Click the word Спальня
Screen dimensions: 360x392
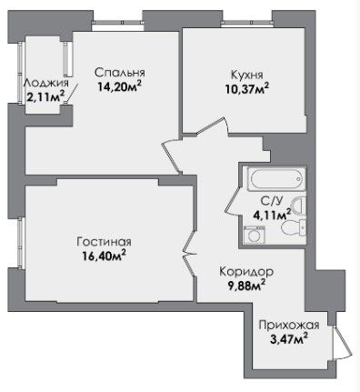point(120,73)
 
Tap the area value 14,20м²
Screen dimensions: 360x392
point(120,86)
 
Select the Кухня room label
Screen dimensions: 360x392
point(247,75)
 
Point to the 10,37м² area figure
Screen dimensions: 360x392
point(247,88)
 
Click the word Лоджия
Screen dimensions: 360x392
point(46,83)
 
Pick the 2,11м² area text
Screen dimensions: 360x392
point(45,97)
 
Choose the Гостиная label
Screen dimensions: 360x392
point(104,242)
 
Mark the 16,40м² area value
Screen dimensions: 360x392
point(104,256)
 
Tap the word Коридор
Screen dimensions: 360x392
point(246,271)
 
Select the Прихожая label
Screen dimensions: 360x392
point(289,326)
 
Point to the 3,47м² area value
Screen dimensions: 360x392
point(289,339)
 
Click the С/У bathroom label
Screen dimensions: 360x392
point(272,200)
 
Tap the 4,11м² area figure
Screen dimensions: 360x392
point(272,215)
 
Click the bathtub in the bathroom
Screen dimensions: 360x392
point(276,178)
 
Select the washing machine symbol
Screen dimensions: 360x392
point(254,235)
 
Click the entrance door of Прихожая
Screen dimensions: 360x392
point(342,343)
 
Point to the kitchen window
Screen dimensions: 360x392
point(247,23)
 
